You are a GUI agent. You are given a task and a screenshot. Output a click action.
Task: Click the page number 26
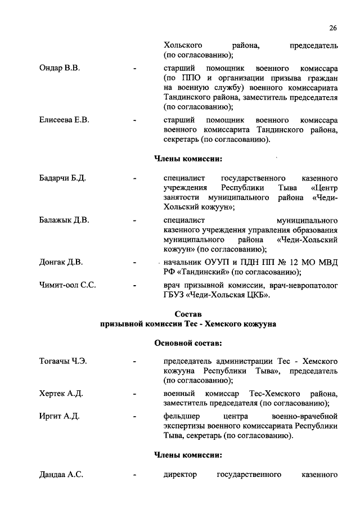pos(332,28)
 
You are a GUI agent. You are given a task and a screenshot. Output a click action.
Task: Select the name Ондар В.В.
pos(59,69)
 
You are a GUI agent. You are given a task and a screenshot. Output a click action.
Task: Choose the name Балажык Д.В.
pos(64,219)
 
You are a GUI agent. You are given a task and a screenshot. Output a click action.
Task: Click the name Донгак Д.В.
pos(61,262)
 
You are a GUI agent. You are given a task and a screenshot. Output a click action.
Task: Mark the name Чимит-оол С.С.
pos(67,285)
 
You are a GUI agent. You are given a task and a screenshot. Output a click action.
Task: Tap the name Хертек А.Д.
pos(61,393)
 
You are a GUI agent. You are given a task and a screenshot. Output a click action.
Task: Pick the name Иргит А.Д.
pos(59,416)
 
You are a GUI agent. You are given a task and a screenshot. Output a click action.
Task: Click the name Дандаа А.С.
pos(61,475)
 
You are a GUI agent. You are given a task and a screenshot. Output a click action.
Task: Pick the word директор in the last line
pos(180,475)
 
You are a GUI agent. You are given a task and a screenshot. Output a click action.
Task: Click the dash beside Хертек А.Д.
pos(135,393)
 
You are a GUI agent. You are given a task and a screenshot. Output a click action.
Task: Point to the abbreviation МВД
pos(328,262)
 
